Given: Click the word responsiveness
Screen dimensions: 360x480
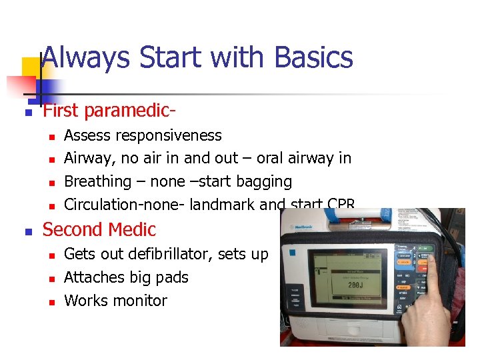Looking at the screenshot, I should pyautogui.click(x=169, y=136).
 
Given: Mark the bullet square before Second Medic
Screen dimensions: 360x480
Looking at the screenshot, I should pyautogui.click(x=27, y=232).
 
